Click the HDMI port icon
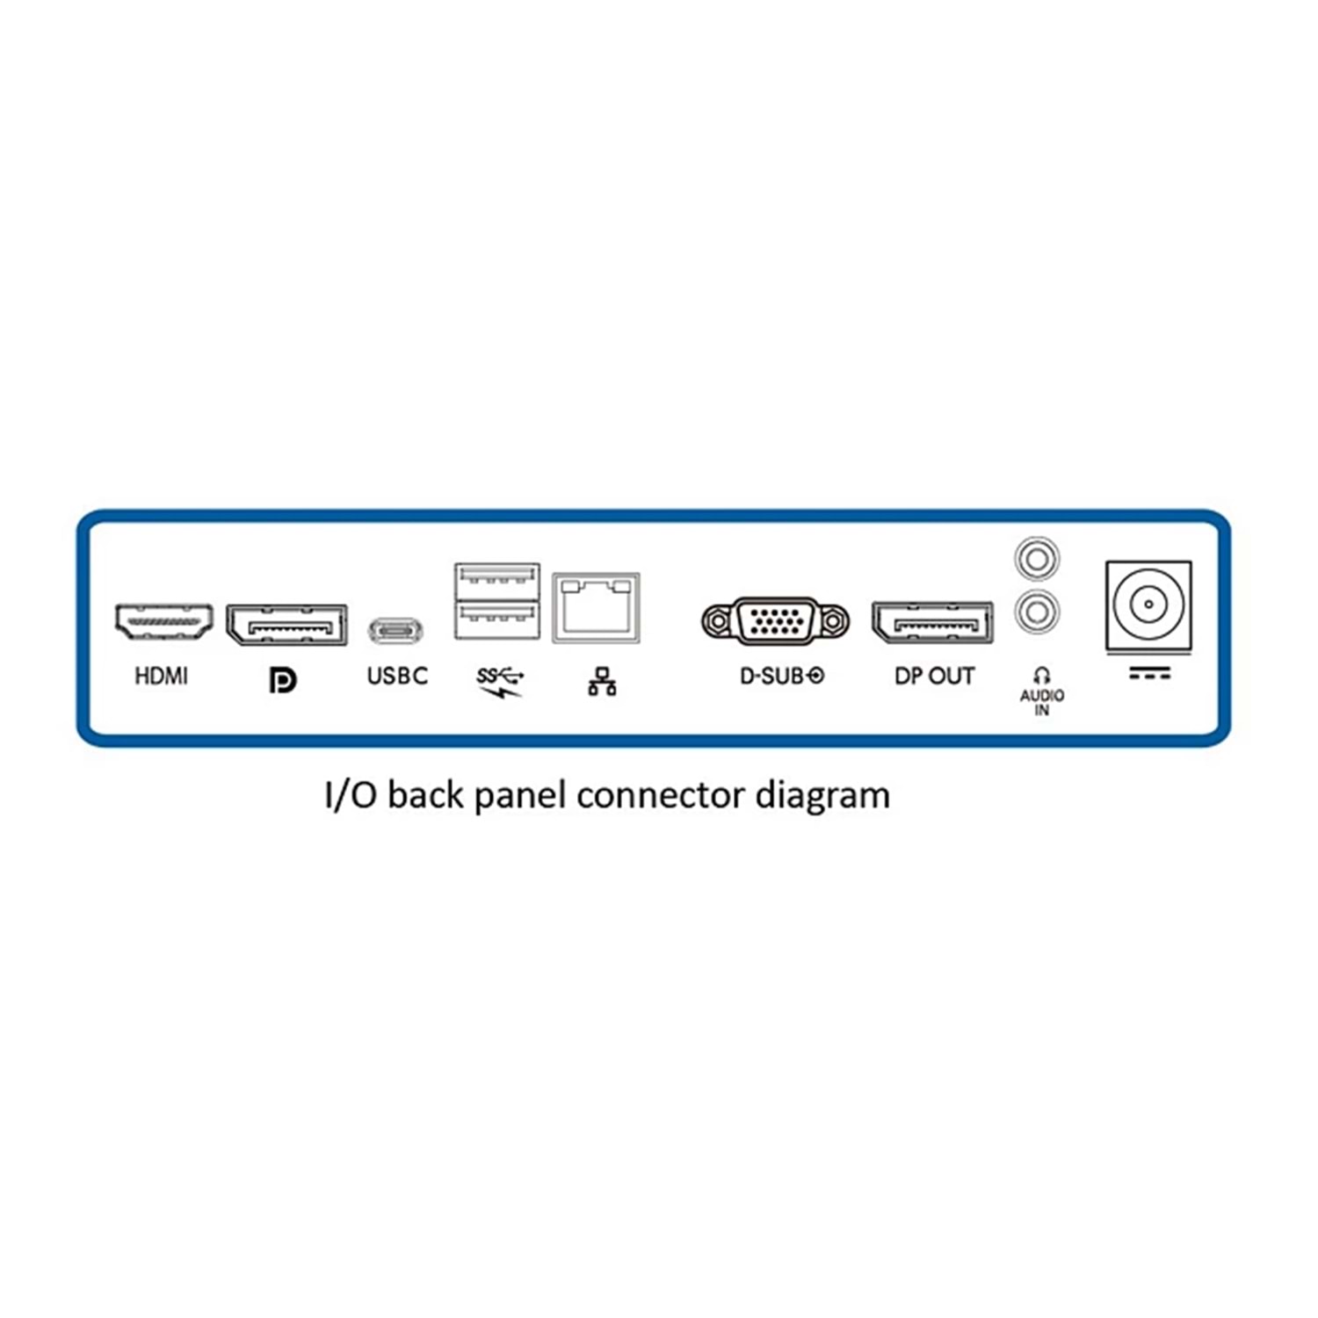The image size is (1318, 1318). pos(163,622)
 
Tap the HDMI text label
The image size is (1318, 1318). pos(161,676)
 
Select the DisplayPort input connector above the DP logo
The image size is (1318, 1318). pos(286,626)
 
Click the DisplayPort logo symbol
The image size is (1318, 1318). pos(283,680)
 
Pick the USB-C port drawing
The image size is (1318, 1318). pos(396,630)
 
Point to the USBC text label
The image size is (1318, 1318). pos(397,676)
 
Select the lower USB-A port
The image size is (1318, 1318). pos(497,619)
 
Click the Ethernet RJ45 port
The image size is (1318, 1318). pos(596,608)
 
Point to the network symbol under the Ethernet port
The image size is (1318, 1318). pos(602,682)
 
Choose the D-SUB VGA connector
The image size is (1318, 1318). pos(776,621)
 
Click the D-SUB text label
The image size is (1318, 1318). pos(781,676)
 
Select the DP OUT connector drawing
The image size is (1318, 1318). pos(933,624)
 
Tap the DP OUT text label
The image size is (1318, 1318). pos(934,676)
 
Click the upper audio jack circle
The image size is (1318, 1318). pos(1037,559)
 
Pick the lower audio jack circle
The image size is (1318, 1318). pos(1037,611)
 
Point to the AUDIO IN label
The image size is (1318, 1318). pos(1041,701)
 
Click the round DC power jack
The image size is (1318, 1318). pos(1148,605)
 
